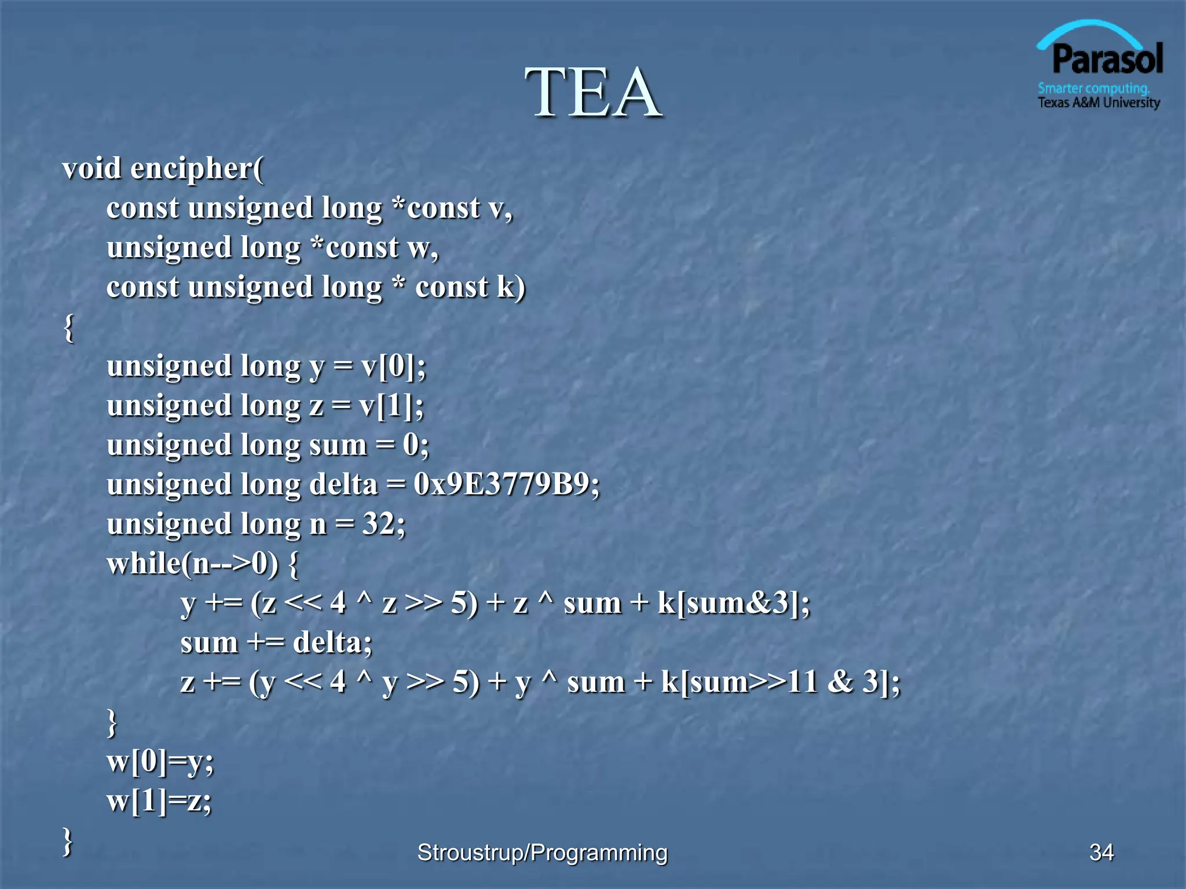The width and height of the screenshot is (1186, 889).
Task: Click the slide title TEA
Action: pos(593,93)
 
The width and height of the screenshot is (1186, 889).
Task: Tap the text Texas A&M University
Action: pos(1099,103)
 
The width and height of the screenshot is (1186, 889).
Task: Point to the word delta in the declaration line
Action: pos(343,484)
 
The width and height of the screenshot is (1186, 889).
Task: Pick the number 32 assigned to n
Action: pos(379,524)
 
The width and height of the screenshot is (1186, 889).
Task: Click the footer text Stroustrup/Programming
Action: pos(543,853)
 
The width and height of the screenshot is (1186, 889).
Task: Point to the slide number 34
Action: pos(1101,853)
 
